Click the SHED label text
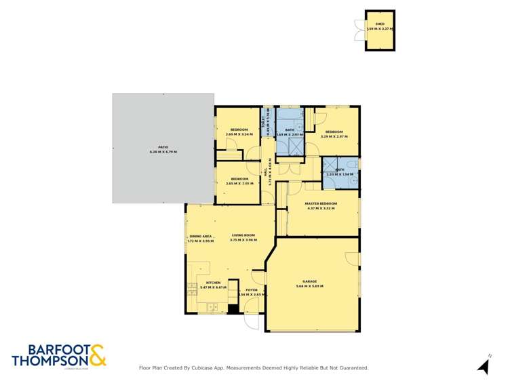click(x=379, y=24)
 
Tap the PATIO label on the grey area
click(x=163, y=146)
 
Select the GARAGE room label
click(x=310, y=281)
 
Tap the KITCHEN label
click(x=213, y=282)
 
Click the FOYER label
click(x=252, y=289)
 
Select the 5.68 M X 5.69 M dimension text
click(x=310, y=286)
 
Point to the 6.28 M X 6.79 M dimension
click(x=163, y=152)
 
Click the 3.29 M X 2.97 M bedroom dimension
click(x=333, y=136)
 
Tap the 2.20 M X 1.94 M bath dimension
click(x=339, y=175)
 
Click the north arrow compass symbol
click(x=484, y=366)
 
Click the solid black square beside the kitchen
click(x=233, y=308)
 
